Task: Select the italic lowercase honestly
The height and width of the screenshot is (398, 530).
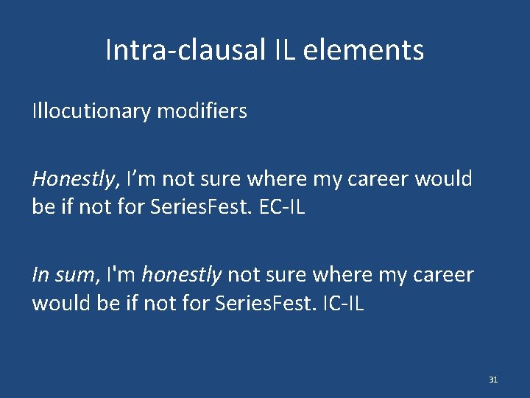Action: [181, 275]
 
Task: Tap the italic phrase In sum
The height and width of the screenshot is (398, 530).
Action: [62, 275]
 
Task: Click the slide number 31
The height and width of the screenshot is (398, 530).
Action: [493, 380]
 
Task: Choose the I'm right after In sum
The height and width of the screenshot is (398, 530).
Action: [121, 275]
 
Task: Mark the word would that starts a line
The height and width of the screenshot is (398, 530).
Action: [60, 303]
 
